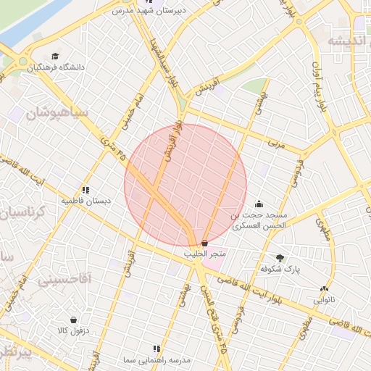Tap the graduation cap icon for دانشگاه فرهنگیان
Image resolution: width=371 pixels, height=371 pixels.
pos(57,57)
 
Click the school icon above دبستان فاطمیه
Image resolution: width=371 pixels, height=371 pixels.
pos(86,190)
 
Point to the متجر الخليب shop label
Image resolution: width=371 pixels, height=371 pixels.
pos(205,254)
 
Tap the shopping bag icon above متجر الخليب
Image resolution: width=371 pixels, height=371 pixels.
pos(205,243)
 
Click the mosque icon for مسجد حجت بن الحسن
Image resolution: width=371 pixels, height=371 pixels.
pos(259,204)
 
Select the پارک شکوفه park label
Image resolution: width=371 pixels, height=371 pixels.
pos(280,268)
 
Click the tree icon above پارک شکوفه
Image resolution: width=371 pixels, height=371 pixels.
pos(280,257)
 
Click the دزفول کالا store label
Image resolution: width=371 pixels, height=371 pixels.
pos(73,330)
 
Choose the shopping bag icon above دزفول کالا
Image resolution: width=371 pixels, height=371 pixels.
pos(73,320)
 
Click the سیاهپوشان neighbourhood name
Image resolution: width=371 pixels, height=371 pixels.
pos(56,113)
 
